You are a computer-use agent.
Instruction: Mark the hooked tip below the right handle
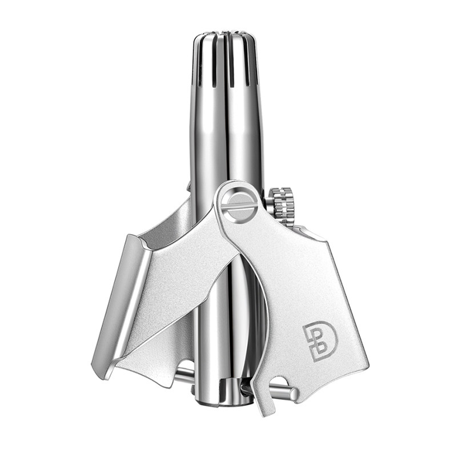(267, 407)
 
